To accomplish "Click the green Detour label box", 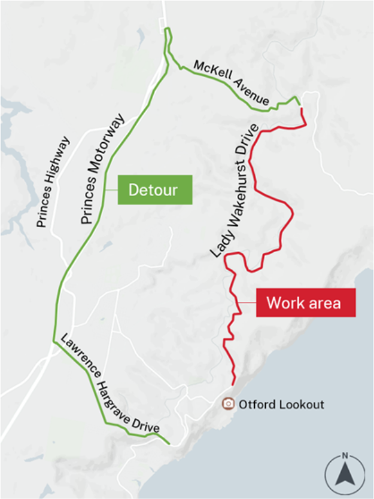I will (x=154, y=190).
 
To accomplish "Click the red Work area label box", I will (x=306, y=302).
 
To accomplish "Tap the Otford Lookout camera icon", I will (x=228, y=404).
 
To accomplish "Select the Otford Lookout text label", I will (x=281, y=405).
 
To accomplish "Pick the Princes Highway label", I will (x=53, y=182).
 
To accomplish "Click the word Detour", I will (x=154, y=190).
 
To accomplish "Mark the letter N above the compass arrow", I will (x=345, y=456).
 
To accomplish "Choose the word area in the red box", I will (x=325, y=302).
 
